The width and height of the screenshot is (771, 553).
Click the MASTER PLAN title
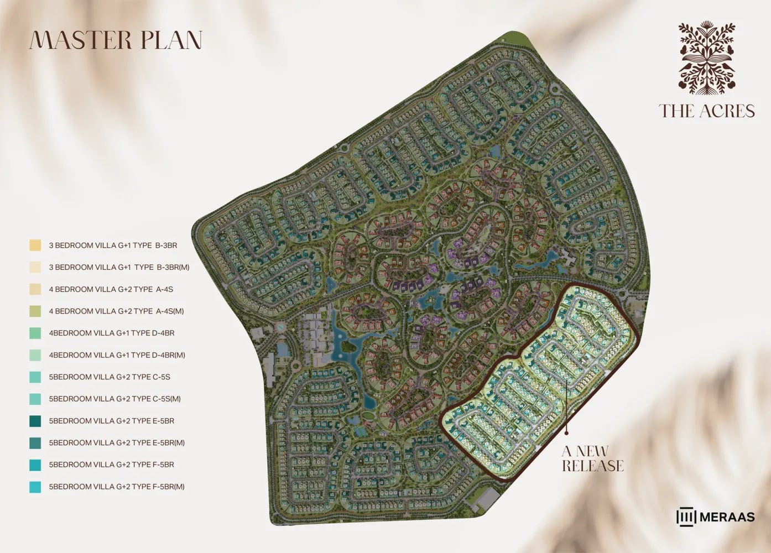(116, 40)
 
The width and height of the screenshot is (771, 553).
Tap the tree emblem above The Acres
(707, 58)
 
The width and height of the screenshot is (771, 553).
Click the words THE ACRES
(707, 111)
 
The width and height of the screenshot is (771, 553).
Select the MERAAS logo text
(727, 517)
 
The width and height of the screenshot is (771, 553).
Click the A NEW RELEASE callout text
(592, 459)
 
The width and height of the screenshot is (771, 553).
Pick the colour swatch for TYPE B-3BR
(35, 245)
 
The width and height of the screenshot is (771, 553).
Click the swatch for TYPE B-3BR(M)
(35, 267)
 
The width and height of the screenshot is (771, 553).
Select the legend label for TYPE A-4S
(111, 289)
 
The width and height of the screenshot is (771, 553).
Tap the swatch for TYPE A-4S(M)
(35, 311)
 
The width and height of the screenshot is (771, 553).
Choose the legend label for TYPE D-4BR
(111, 333)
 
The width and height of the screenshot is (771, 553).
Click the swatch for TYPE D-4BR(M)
(35, 355)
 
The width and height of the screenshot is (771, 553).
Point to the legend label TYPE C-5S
(110, 377)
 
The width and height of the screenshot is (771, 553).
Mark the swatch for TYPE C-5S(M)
(35, 399)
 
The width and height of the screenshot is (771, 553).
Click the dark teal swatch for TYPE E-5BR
(35, 421)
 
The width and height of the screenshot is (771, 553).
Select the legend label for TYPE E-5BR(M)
(117, 443)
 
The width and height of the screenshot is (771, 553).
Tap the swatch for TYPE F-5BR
(35, 465)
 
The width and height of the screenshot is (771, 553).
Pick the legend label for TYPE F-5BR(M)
(117, 487)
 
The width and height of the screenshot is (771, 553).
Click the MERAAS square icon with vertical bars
(686, 517)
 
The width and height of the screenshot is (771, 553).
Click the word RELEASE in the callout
(593, 466)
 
